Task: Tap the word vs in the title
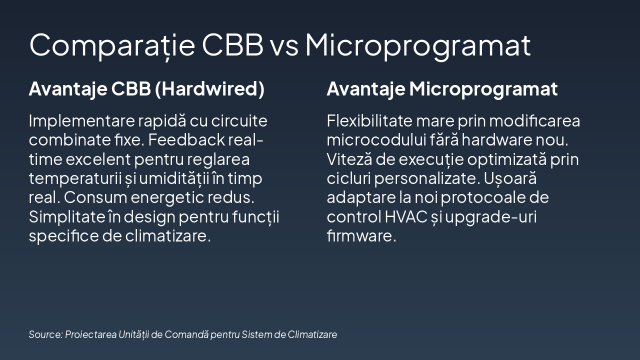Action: click(x=284, y=45)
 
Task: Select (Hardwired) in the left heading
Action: click(x=209, y=89)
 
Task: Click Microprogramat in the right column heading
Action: click(x=483, y=89)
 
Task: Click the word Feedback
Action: click(x=186, y=140)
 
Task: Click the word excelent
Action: click(x=98, y=159)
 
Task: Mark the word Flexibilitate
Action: click(x=369, y=121)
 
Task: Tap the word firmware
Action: click(x=361, y=236)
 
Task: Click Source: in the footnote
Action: click(x=45, y=334)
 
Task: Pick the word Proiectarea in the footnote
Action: click(x=90, y=334)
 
